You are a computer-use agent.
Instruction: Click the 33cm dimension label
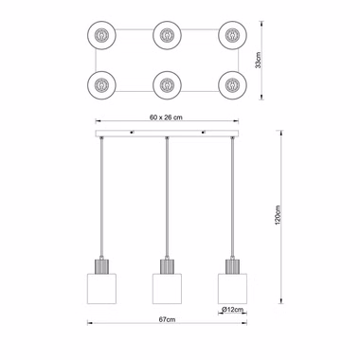pyautogui.click(x=259, y=60)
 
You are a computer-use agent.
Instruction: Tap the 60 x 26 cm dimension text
pyautogui.click(x=166, y=117)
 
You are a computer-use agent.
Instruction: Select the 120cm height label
pyautogui.click(x=278, y=215)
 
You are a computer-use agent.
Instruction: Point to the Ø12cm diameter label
pyautogui.click(x=233, y=310)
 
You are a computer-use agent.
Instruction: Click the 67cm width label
pyautogui.click(x=167, y=319)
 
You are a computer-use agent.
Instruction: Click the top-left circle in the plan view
pyautogui.click(x=101, y=35)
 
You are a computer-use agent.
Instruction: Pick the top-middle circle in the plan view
pyautogui.click(x=167, y=35)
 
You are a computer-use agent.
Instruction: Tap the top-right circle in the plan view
pyautogui.click(x=232, y=35)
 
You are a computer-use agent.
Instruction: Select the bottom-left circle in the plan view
pyautogui.click(x=101, y=85)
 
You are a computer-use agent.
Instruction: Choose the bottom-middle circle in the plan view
pyautogui.click(x=167, y=85)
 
